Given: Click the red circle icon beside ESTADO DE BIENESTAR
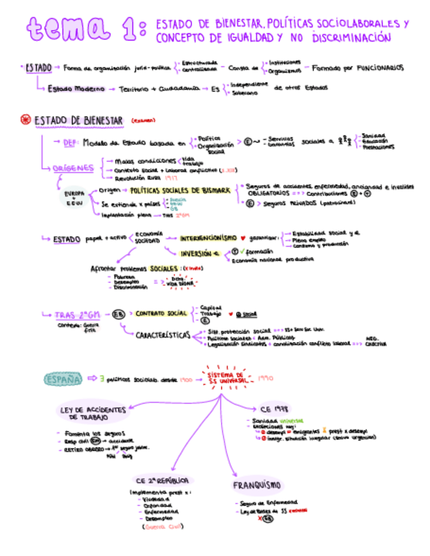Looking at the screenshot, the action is [26, 120].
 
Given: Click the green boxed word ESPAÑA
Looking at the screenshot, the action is [64, 378].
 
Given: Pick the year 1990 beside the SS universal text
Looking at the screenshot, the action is [265, 378].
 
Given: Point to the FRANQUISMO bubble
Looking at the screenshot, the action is [257, 485].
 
